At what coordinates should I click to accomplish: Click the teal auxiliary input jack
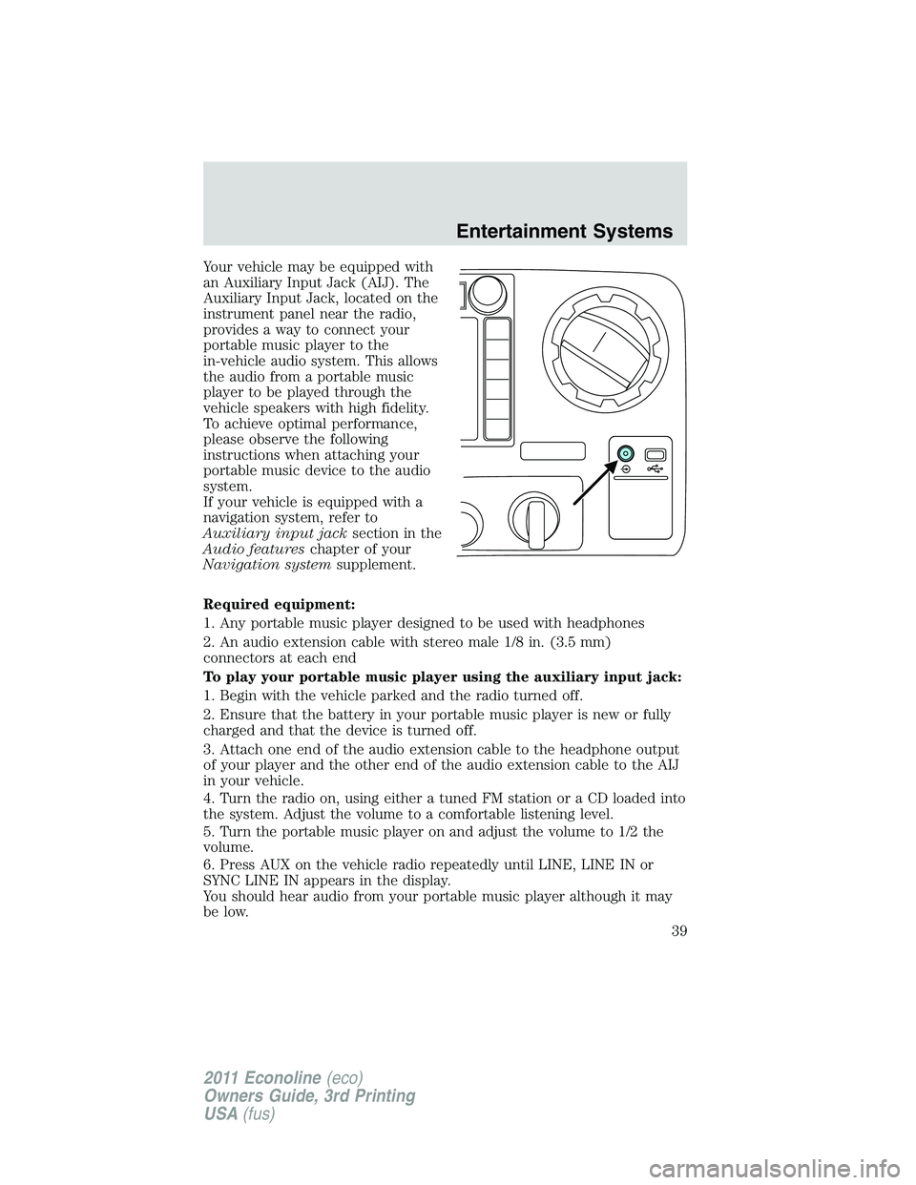624,454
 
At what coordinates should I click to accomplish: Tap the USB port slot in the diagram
656,454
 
